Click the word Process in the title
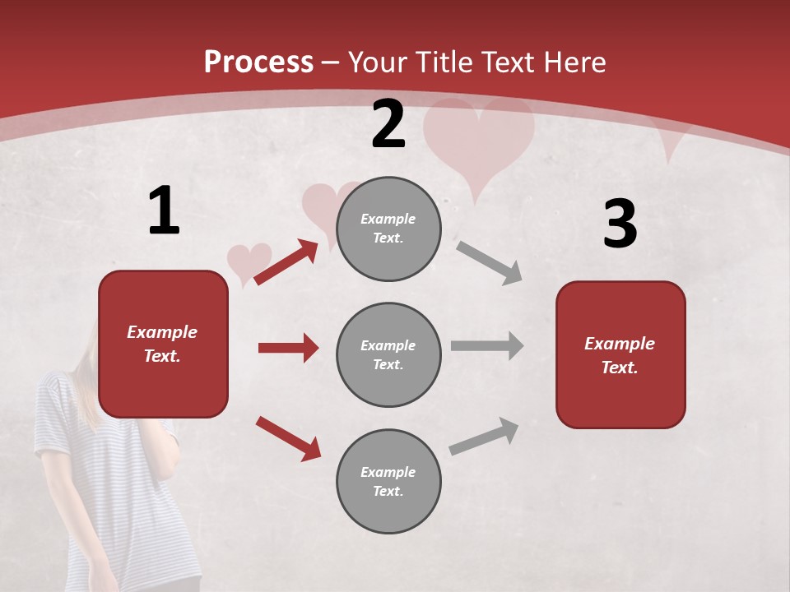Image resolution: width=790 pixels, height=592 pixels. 258,62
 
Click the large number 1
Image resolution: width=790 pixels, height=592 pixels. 164,210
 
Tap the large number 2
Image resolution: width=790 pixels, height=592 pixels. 388,124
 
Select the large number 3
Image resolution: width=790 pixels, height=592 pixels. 620,224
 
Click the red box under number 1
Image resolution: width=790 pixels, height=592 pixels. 163,344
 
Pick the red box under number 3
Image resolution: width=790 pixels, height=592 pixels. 620,355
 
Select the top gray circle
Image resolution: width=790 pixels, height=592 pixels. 388,229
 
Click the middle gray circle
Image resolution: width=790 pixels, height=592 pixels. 388,354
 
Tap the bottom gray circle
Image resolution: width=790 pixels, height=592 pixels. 388,481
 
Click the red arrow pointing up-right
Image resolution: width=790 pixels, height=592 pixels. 286,262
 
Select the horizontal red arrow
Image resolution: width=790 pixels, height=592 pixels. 288,348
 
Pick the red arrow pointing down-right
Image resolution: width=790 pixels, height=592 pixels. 288,438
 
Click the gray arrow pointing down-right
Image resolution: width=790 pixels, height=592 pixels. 489,262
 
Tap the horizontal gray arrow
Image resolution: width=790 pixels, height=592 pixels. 487,346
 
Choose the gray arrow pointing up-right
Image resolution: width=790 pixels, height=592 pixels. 484,437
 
